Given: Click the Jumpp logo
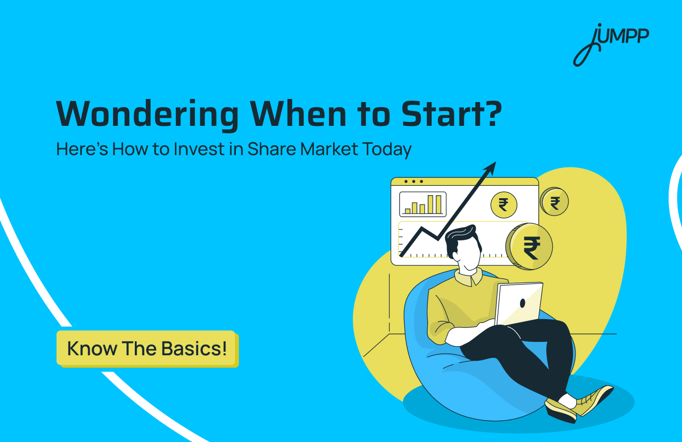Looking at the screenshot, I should click(x=611, y=44).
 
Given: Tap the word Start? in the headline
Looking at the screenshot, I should click(x=452, y=114).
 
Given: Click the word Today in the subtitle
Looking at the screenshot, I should click(x=387, y=149).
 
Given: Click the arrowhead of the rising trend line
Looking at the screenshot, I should click(x=491, y=167).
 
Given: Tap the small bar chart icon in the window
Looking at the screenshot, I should click(x=423, y=204).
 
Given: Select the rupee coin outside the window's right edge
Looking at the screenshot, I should click(x=554, y=202).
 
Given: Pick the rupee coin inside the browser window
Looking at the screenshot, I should click(x=504, y=204).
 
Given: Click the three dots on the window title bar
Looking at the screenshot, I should click(x=413, y=181).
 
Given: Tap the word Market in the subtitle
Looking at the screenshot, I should click(x=329, y=149).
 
